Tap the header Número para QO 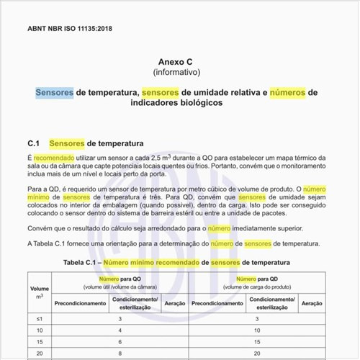[x=119, y=279]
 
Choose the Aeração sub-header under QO [x=175, y=304]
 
